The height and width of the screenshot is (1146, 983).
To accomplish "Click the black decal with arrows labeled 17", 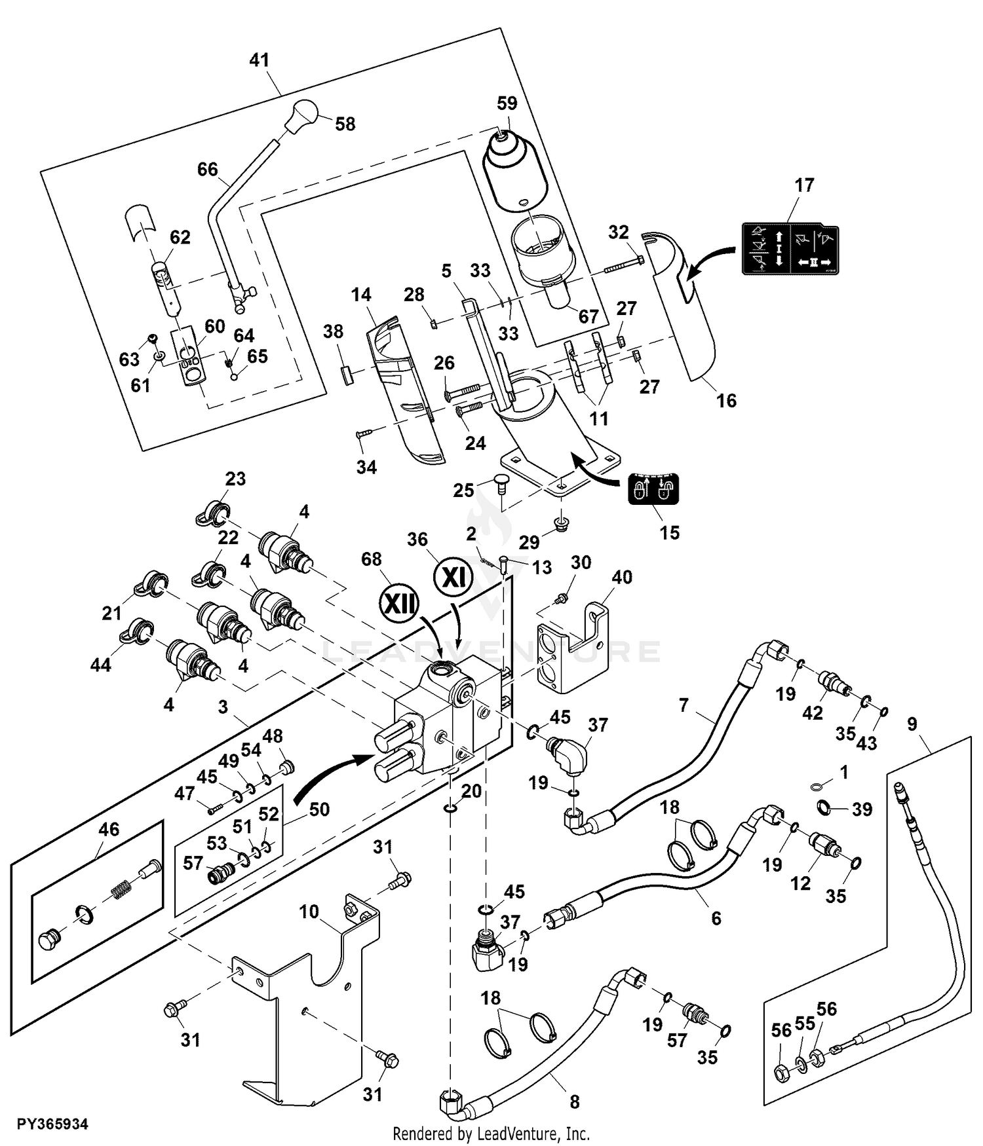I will pyautogui.click(x=790, y=249).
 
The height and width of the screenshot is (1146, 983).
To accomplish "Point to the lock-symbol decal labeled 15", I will pyautogui.click(x=653, y=489).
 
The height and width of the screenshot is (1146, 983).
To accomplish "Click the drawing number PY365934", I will pyautogui.click(x=52, y=1124).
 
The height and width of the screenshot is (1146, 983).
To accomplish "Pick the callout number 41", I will pyautogui.click(x=260, y=60).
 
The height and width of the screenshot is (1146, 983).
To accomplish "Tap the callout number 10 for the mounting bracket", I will pyautogui.click(x=309, y=912).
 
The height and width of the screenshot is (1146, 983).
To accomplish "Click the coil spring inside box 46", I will pyautogui.click(x=119, y=891).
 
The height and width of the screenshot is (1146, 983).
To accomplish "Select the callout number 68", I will pyautogui.click(x=372, y=559).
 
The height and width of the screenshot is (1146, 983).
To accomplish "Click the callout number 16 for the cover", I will pyautogui.click(x=726, y=400).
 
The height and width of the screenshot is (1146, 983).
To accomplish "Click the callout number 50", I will pyautogui.click(x=319, y=809).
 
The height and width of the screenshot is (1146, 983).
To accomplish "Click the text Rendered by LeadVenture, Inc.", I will pyautogui.click(x=491, y=1134).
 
